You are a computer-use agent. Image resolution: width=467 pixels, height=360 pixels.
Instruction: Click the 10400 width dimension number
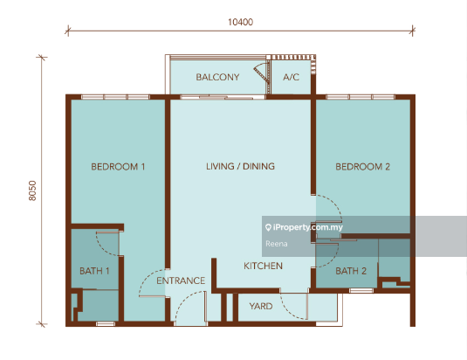pyautogui.click(x=240, y=22)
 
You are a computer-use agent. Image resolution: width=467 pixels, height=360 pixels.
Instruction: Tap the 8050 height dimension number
pyautogui.click(x=32, y=190)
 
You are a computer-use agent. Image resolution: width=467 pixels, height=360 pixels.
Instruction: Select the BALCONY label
pyautogui.click(x=217, y=77)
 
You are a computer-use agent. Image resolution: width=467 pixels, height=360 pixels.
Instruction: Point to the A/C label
pyautogui.click(x=291, y=77)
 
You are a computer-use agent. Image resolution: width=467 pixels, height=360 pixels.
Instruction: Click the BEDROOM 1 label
pyautogui.click(x=118, y=167)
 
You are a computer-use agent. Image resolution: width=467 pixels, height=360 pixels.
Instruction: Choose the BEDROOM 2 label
pyautogui.click(x=362, y=167)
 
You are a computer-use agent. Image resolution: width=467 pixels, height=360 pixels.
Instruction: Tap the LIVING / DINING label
pyautogui.click(x=240, y=166)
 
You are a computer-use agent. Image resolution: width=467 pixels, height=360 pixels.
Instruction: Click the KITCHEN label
pyautogui.click(x=263, y=266)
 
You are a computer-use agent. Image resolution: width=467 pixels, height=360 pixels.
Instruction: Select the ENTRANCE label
pyautogui.click(x=181, y=280)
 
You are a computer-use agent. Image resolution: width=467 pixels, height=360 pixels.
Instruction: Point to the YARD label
pyautogui.click(x=261, y=307)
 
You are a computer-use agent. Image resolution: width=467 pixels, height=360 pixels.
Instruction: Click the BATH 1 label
pyautogui.click(x=94, y=271)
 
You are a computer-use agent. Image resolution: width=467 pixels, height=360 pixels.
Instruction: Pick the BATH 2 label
pyautogui.click(x=351, y=271)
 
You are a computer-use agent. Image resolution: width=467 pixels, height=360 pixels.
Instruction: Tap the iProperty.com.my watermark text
pyautogui.click(x=308, y=227)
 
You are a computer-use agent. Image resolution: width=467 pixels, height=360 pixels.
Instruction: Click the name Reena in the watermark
pyautogui.click(x=277, y=244)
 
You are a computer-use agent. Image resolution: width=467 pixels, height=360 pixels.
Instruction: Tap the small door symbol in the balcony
pyautogui.click(x=262, y=72)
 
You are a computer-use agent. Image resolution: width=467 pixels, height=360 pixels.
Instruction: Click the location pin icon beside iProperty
pyautogui.click(x=268, y=228)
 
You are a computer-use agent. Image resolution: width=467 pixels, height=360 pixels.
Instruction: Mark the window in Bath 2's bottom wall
pyautogui.click(x=361, y=290)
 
